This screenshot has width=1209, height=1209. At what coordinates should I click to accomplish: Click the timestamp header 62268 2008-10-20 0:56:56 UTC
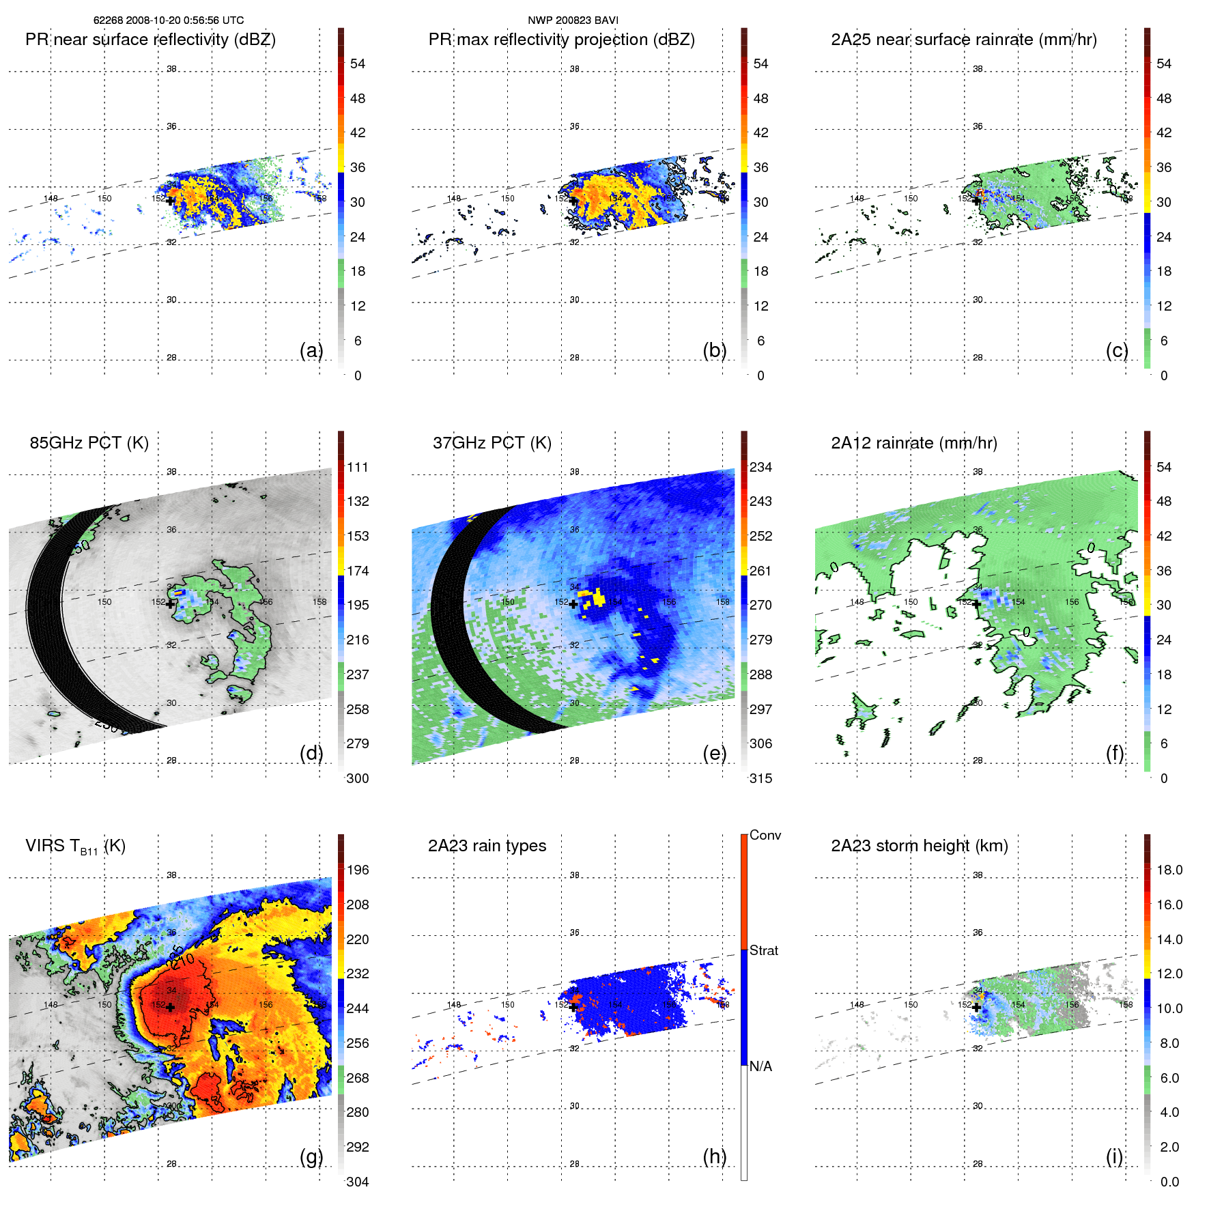coord(168,20)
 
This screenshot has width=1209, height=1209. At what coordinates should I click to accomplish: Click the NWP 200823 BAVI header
coord(573,20)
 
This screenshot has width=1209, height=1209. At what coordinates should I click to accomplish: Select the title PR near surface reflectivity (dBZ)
coord(150,40)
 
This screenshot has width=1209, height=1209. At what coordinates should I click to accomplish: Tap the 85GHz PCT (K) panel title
coord(89,443)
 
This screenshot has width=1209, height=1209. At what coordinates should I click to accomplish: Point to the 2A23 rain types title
coord(487,846)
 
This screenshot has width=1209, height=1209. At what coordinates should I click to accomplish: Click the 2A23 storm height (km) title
coord(919,846)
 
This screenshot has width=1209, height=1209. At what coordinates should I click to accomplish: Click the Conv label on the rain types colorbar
coord(765,835)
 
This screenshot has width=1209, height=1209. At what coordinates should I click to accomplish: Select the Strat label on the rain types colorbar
coord(763,950)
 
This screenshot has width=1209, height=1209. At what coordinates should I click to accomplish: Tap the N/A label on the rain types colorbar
coord(760,1066)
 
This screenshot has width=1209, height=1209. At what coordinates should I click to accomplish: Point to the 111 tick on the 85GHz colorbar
coord(357,467)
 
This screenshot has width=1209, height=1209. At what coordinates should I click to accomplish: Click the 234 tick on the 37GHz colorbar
coord(760,467)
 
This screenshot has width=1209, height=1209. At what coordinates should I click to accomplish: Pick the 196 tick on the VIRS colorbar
coord(357,870)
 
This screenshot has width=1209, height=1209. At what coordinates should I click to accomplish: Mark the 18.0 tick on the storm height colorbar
coord(1169,870)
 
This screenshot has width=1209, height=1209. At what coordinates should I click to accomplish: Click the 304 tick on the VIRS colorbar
coord(357,1182)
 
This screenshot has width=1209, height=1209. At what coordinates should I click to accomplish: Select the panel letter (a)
coord(311,350)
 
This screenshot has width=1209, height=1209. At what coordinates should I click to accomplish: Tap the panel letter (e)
coord(714,753)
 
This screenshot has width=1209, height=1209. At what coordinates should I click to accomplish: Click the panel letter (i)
coord(1114,1156)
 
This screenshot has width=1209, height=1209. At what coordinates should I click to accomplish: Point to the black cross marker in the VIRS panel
coord(170,1007)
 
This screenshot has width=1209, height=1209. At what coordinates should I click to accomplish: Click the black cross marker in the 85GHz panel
coord(170,603)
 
